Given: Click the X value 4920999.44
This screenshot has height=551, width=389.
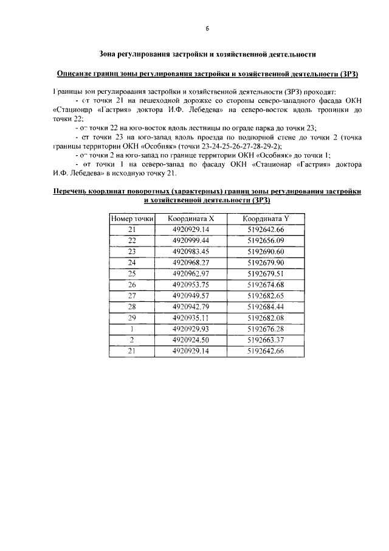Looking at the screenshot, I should pos(191,240).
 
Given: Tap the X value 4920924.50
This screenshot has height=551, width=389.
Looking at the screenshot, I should pos(191,340).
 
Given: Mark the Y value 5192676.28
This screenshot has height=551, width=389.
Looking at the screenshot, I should pos(266,329).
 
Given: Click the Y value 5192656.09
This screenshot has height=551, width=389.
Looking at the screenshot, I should pos(266,240).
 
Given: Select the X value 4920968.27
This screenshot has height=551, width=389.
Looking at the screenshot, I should pos(191,263).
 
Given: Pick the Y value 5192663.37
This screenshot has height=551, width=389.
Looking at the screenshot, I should pos(266,340).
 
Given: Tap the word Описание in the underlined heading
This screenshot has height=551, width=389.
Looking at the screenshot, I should pos(75,74).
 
